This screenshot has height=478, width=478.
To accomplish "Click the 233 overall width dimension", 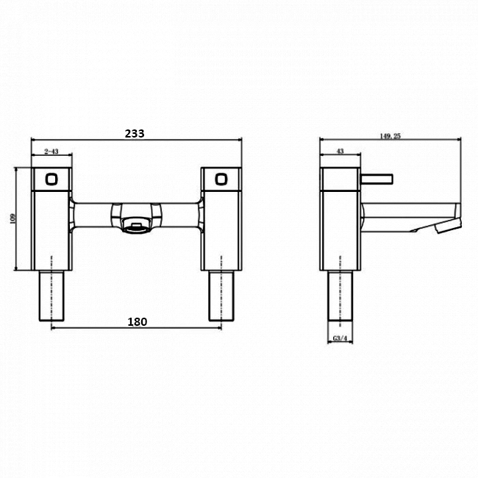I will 134,133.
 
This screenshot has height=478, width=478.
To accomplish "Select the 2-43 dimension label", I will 51,151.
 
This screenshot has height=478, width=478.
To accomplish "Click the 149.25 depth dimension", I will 390,135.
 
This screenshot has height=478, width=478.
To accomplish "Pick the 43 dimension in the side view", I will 339,151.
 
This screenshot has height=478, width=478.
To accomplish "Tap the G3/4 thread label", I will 340,339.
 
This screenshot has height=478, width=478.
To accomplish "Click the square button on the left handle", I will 51,178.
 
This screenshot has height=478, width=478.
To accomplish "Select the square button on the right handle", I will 221,178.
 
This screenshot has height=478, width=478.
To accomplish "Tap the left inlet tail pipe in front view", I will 51,294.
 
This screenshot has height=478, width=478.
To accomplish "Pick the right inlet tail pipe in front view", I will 221,294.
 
